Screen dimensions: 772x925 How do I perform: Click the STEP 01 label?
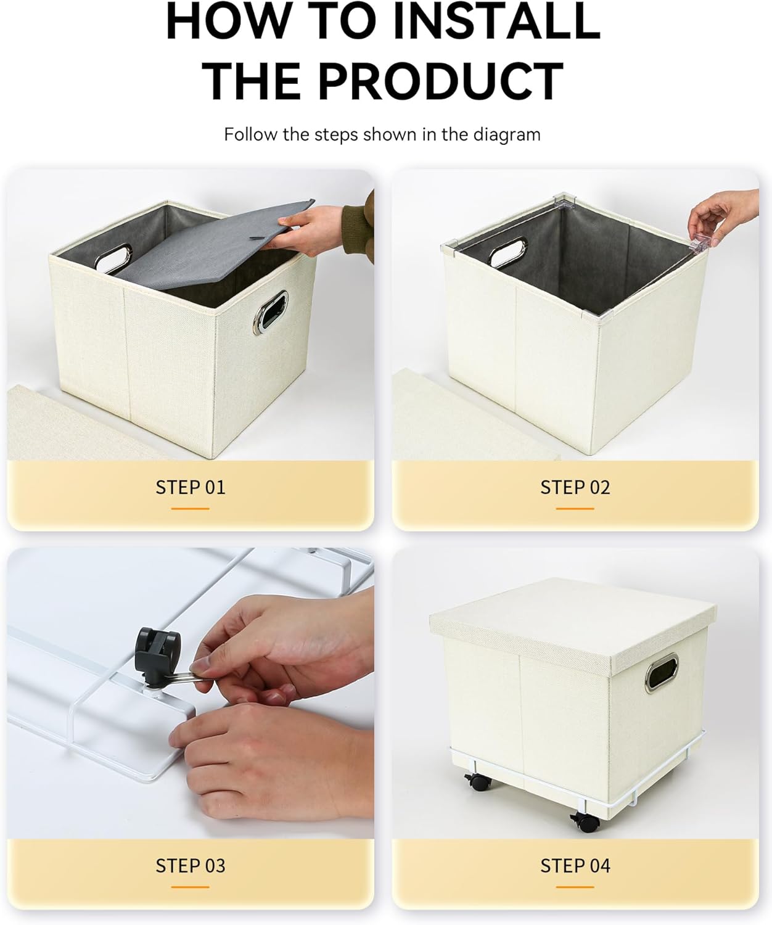(191, 487)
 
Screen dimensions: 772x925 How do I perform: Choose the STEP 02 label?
(575, 487)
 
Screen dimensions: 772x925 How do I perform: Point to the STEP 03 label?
(191, 866)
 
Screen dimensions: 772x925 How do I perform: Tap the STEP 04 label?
(575, 866)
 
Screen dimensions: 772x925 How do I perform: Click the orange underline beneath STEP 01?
(191, 509)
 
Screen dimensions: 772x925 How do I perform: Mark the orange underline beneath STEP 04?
(575, 887)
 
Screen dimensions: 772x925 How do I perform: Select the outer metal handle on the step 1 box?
(271, 311)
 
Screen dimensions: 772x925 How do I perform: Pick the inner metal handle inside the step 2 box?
(507, 252)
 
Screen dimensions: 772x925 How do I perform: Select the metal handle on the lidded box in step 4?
(662, 673)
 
